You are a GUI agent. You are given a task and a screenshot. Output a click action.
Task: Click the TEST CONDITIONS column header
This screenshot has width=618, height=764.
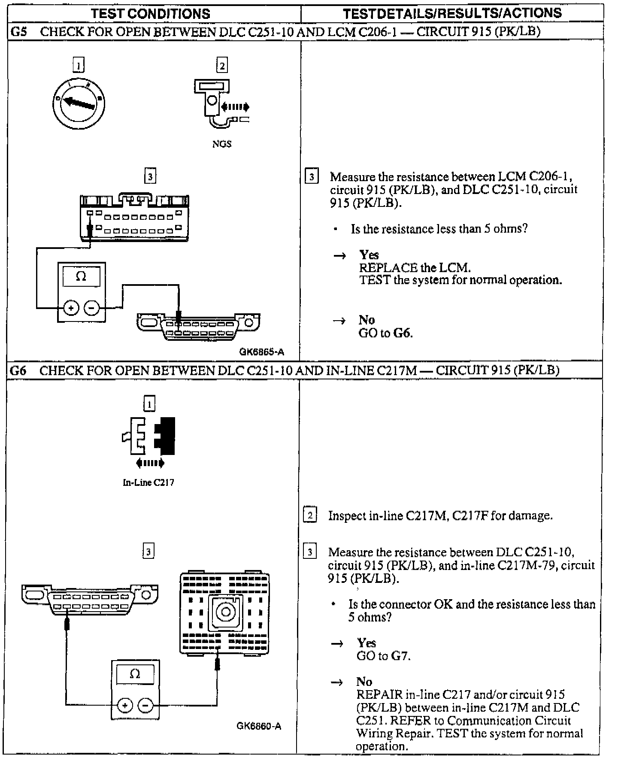point(151,13)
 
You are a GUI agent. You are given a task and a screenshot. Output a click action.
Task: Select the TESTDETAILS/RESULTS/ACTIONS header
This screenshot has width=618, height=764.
point(452,13)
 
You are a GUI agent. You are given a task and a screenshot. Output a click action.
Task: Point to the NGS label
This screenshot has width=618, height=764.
point(221,144)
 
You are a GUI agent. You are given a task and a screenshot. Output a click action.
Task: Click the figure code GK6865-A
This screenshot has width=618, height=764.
point(262,352)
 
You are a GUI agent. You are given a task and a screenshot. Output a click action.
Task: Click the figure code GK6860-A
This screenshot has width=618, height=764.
point(259,726)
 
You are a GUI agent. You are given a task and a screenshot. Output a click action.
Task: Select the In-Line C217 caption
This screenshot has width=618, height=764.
point(148,482)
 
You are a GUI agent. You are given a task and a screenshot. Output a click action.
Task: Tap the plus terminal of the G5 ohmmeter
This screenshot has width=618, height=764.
point(71,308)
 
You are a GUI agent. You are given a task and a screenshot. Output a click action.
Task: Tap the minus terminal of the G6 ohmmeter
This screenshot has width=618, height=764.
point(145,705)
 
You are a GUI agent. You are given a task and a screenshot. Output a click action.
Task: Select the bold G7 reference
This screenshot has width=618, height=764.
point(400,656)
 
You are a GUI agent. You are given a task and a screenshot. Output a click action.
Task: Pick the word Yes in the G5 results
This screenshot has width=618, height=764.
point(369,255)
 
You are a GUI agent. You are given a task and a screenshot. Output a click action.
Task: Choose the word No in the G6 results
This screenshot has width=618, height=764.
point(364,682)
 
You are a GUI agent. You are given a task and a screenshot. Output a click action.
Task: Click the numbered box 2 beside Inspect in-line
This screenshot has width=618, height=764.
point(310,515)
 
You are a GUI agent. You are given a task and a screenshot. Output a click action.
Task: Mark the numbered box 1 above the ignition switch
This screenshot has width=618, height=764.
point(78,65)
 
